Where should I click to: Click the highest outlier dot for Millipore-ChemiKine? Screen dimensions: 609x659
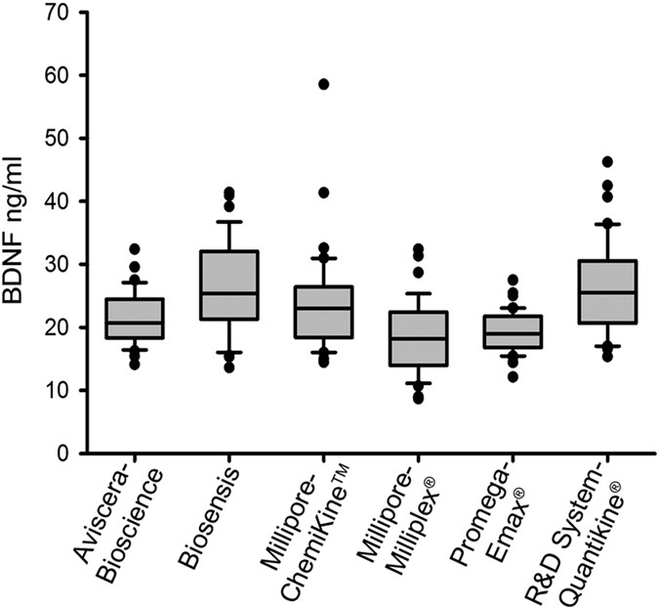coord(323,85)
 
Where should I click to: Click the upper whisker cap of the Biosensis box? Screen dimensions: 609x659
coord(228,222)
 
